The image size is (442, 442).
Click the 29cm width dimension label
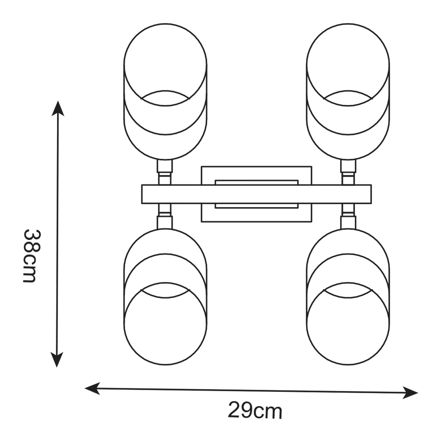point(255,411)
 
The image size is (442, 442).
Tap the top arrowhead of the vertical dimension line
point(58,108)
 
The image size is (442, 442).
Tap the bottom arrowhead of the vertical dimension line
point(57,360)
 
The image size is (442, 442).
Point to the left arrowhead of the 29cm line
point(92,388)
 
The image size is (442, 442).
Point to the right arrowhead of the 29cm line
point(410,393)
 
